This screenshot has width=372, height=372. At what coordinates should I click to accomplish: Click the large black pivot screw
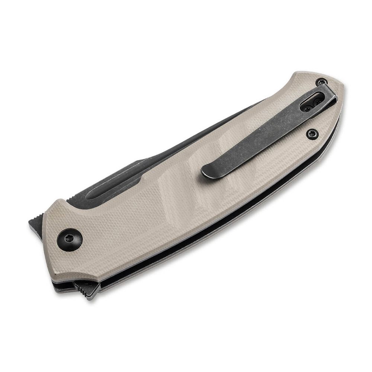(x=70, y=239)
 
